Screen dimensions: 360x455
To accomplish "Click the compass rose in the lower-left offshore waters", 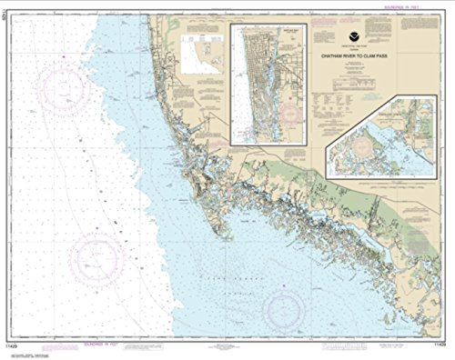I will click(94, 257).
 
